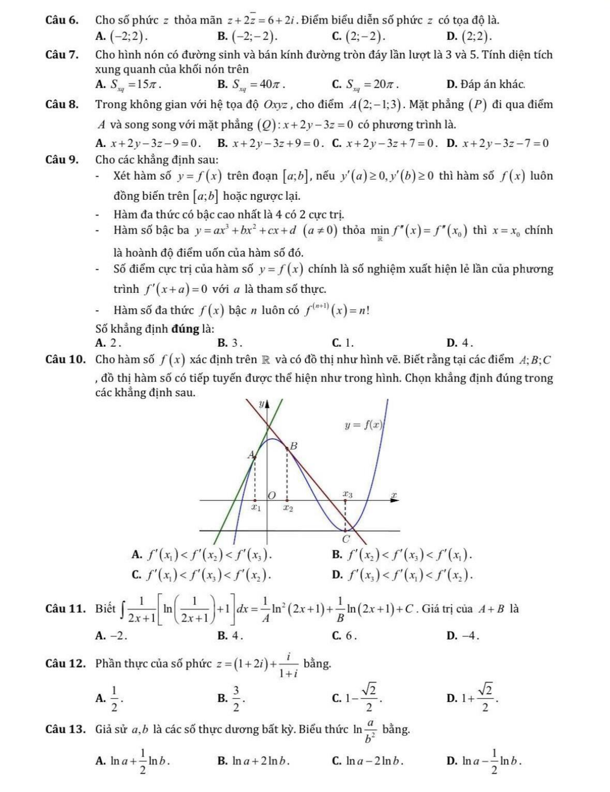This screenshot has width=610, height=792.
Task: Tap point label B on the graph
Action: tap(294, 446)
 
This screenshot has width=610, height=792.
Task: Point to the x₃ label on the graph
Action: tap(348, 494)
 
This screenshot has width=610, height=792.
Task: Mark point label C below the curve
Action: tap(346, 539)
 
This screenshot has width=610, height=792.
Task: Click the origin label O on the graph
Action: tap(272, 495)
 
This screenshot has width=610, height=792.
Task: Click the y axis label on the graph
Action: tap(260, 404)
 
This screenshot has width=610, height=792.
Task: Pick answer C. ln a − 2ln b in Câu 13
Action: tap(367, 761)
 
